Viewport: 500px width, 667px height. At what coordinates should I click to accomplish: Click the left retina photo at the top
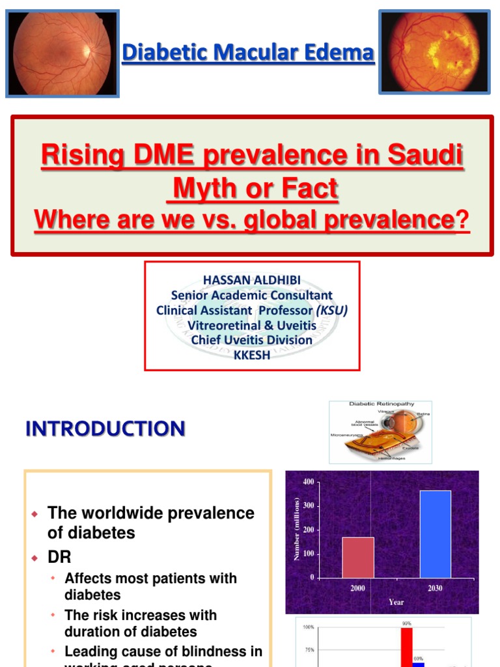point(62,53)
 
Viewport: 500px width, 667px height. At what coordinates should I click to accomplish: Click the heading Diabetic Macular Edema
point(249,53)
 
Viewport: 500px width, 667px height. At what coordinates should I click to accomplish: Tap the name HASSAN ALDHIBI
point(251,279)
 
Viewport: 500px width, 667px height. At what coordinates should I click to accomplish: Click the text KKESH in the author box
point(251,356)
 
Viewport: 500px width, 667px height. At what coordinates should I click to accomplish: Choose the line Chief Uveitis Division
point(251,340)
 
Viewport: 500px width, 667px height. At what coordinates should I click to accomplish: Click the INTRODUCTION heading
point(105,429)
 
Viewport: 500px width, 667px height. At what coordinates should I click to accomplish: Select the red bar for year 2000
point(358,558)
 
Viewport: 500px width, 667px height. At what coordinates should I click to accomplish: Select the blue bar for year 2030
point(436,534)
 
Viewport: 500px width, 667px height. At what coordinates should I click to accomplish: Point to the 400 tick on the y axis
point(308,481)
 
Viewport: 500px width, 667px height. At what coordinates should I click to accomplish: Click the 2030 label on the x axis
point(435,588)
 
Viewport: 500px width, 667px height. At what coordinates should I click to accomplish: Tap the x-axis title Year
point(396,603)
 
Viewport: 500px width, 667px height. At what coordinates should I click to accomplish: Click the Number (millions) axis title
point(297,529)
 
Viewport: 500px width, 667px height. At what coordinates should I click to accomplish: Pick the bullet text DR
point(59,558)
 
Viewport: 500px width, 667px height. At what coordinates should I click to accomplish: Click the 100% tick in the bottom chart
point(308,627)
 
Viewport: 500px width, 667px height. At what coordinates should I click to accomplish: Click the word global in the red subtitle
point(289,221)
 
